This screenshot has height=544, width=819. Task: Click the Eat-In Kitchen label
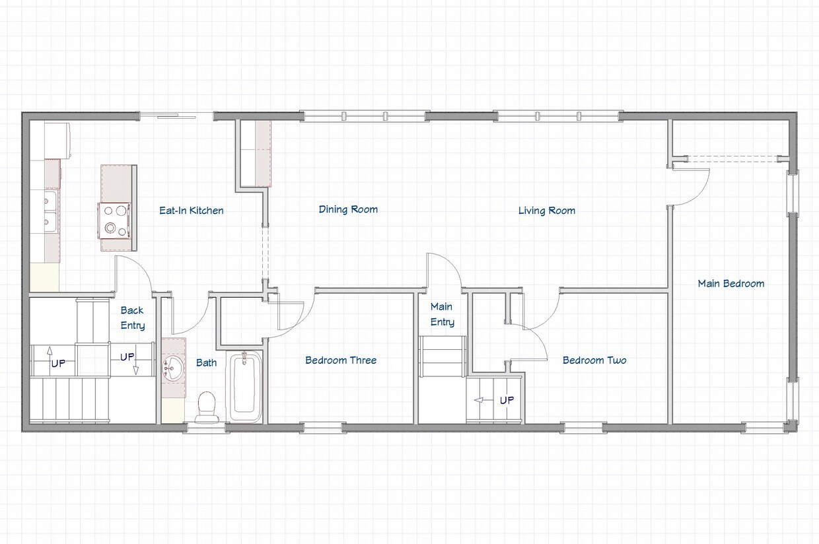191,211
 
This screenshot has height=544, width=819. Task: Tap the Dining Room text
348,209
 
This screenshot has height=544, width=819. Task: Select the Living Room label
546,211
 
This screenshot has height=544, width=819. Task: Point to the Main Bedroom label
730,283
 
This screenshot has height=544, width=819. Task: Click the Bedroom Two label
594,360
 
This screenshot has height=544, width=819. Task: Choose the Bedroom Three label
341,360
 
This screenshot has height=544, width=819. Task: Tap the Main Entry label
442,314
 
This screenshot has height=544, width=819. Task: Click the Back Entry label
132,318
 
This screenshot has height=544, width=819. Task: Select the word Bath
206,362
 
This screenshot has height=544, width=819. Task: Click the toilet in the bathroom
207,407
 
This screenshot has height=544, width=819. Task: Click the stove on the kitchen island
115,220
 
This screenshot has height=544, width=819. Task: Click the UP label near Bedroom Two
507,400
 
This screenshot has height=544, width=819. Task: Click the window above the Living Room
558,116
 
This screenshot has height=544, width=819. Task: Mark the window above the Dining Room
364,116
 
